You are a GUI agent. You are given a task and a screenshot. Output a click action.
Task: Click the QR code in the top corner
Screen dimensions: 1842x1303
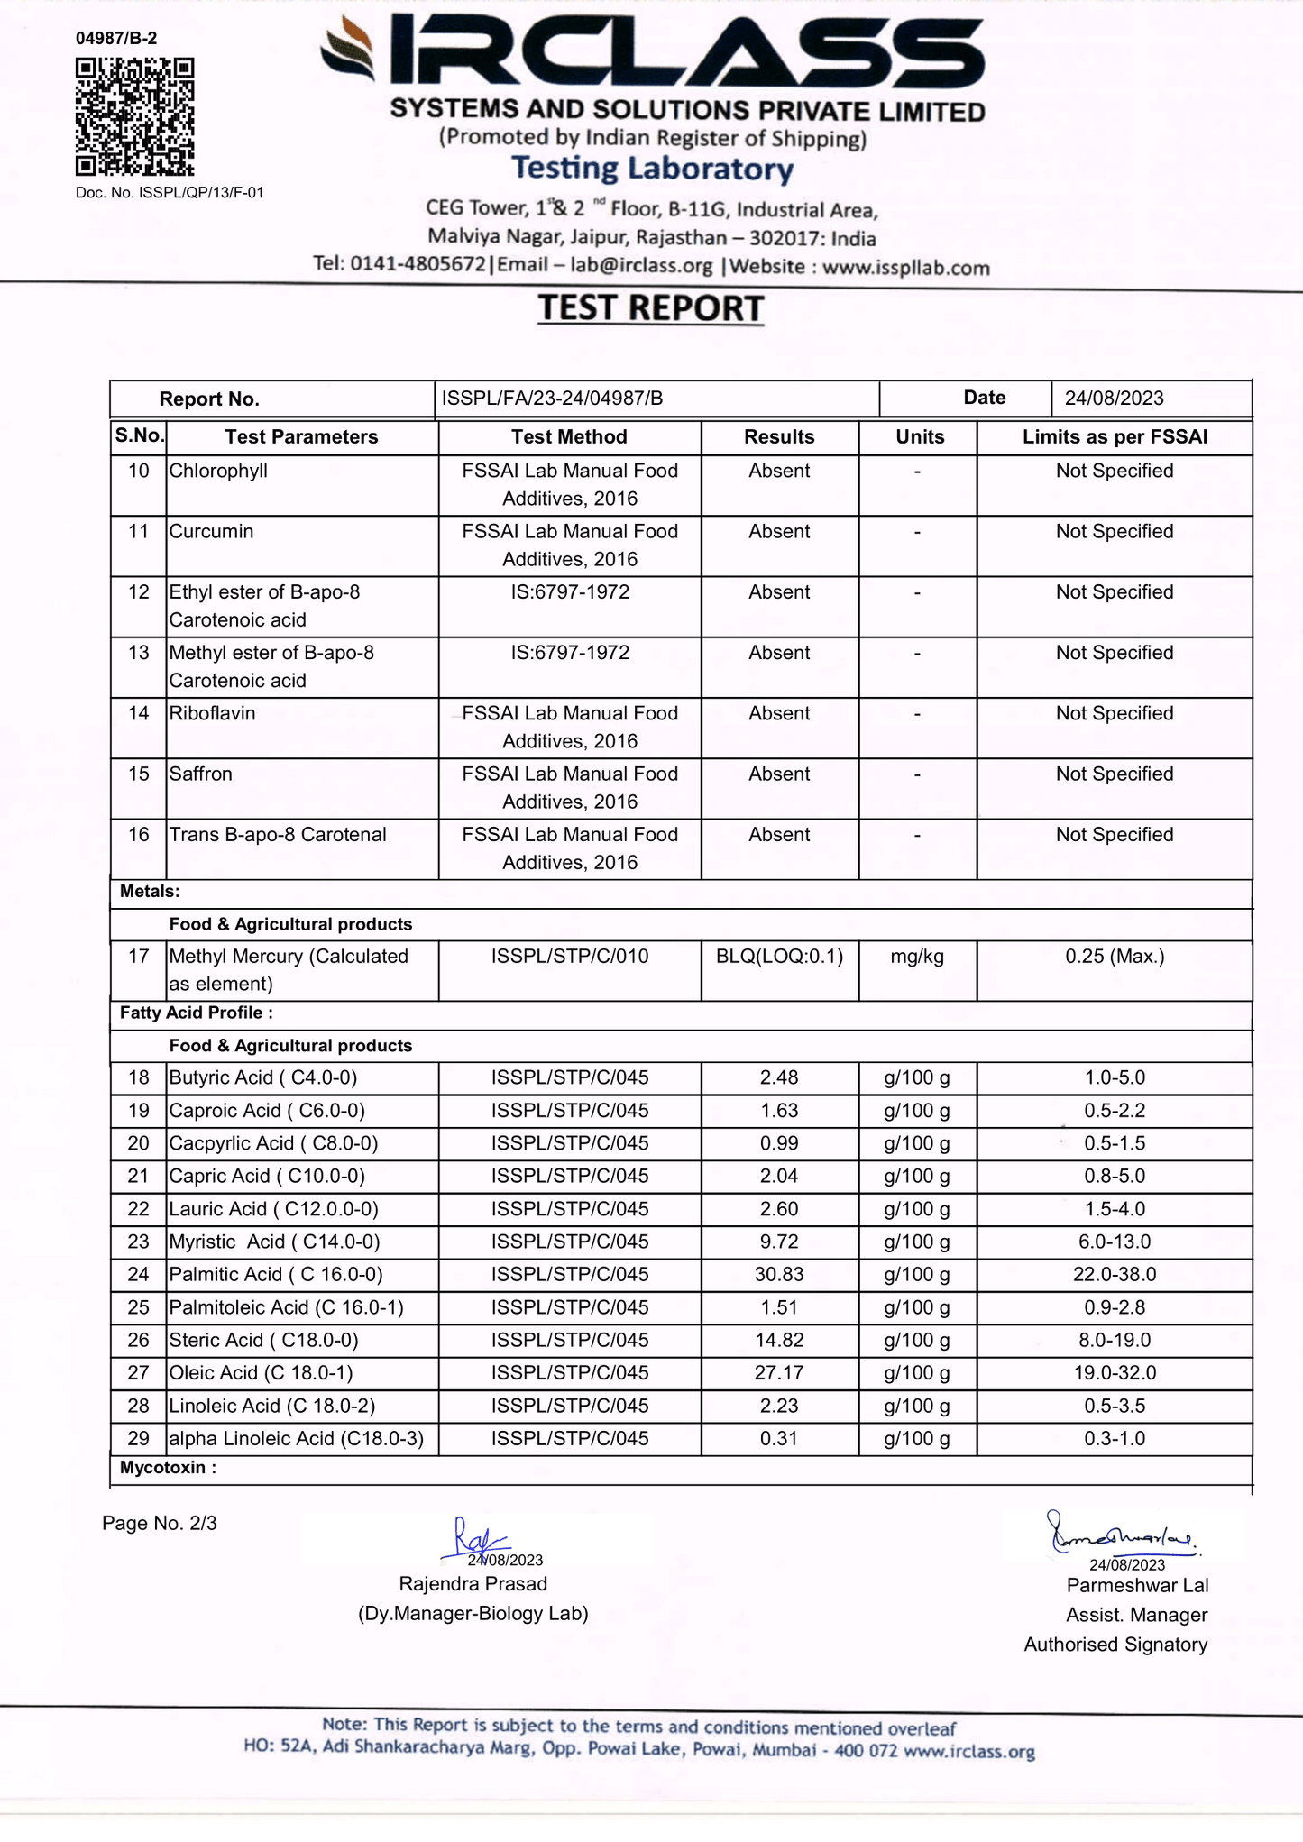tap(134, 117)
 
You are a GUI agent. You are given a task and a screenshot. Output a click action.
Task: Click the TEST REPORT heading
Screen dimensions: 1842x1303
tap(651, 308)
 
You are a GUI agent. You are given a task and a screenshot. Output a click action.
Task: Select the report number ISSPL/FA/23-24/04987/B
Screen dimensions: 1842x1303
tap(552, 399)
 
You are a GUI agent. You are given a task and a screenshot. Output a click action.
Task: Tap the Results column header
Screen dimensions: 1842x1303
tap(779, 437)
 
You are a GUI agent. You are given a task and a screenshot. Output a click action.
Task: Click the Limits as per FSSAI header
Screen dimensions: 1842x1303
tap(1115, 437)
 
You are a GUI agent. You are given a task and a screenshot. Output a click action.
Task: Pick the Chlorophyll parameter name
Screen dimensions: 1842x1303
tap(218, 472)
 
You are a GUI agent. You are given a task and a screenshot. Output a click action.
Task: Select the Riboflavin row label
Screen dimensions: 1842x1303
tap(212, 714)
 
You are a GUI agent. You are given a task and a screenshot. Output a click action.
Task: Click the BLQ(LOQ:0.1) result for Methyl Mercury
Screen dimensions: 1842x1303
tap(779, 957)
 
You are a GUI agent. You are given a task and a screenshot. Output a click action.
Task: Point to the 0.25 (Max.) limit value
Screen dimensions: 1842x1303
tap(1115, 957)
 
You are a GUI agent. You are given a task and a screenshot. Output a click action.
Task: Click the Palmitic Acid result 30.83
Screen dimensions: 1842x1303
tap(779, 1275)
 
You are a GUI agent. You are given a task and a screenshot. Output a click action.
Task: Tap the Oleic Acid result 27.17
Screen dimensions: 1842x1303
tap(779, 1373)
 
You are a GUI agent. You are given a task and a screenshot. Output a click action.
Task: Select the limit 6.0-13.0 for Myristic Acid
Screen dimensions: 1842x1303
tap(1115, 1242)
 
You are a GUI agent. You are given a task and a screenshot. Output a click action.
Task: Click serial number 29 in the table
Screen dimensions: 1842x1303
tap(138, 1439)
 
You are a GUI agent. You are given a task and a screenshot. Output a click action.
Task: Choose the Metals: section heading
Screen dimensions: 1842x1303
tap(150, 892)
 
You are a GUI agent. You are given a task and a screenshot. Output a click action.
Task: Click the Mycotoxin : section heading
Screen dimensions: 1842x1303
tap(168, 1468)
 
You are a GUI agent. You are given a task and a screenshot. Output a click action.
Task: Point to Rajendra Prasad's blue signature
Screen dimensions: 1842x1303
tap(474, 1538)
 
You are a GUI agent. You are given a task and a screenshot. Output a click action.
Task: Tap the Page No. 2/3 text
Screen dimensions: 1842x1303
tap(160, 1524)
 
